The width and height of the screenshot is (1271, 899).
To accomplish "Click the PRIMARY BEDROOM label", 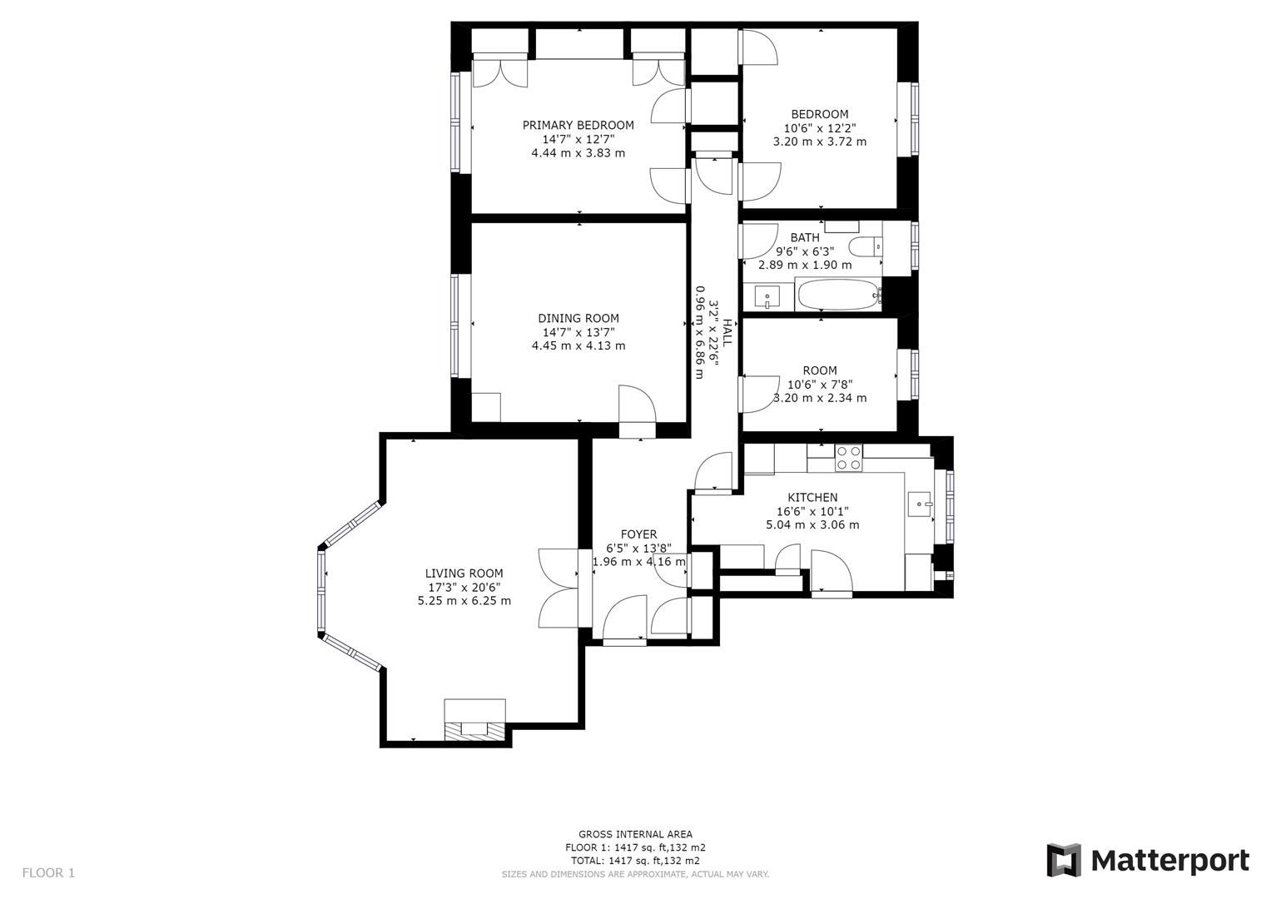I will [x=578, y=125].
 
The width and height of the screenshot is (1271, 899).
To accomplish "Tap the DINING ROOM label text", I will [x=578, y=318].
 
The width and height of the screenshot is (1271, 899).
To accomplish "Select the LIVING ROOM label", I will [x=464, y=573].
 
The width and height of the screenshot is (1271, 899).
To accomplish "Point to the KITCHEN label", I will [x=812, y=497].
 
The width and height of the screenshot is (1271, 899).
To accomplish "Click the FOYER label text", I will [x=638, y=534].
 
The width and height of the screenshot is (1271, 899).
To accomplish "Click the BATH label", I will [x=804, y=237].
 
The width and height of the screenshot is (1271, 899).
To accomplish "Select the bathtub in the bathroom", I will [x=837, y=295].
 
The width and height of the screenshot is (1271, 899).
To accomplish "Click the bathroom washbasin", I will [x=767, y=296].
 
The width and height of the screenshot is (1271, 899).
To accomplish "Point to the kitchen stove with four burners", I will [x=848, y=459].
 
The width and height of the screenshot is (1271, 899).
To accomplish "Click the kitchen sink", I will [x=920, y=503].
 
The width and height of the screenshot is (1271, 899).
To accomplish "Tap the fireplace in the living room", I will [x=474, y=720].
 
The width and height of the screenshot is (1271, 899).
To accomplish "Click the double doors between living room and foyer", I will [x=560, y=589].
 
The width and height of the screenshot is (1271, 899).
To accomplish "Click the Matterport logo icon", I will [x=1063, y=860].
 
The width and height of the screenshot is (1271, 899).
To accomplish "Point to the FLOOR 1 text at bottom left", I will [x=48, y=872].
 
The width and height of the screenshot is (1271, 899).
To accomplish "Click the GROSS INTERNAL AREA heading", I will [x=635, y=834].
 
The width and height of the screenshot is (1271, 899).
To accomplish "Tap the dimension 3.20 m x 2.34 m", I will [x=819, y=398].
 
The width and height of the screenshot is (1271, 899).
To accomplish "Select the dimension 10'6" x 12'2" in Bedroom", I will [x=819, y=128].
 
